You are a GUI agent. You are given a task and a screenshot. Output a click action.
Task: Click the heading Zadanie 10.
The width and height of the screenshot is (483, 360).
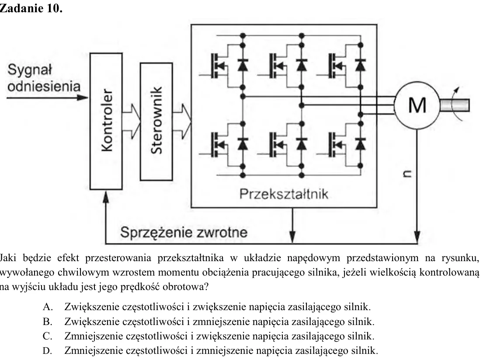point(31,8)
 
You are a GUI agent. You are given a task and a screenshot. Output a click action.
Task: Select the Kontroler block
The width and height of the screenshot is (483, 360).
point(106,121)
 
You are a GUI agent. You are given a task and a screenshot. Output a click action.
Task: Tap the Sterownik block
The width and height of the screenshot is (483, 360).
point(156,122)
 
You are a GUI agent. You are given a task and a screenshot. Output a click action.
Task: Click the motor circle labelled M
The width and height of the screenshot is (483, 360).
point(417,105)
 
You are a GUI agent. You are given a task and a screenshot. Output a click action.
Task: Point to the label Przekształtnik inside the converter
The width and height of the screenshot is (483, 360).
point(284,194)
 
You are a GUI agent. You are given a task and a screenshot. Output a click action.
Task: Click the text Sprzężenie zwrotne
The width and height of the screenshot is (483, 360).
point(184,232)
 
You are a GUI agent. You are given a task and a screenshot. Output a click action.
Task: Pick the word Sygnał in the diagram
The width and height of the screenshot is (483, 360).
point(30,70)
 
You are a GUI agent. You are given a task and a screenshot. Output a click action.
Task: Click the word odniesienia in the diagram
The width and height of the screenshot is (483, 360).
point(44,86)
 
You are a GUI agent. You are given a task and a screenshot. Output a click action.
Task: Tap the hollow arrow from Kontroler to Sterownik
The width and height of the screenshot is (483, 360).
point(132,121)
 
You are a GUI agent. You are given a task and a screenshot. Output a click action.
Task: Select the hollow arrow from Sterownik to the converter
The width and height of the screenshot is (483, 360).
point(182,121)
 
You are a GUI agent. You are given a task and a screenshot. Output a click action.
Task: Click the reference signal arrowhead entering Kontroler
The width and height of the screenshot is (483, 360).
point(83,98)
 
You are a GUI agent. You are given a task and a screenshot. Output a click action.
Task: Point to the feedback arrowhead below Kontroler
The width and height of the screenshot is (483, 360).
point(106,197)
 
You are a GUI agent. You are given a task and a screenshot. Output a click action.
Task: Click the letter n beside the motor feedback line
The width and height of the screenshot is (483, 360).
point(407,174)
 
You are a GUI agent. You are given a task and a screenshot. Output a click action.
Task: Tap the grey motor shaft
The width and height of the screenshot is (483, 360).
point(455,105)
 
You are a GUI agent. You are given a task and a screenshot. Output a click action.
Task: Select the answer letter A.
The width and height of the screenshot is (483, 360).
point(48,307)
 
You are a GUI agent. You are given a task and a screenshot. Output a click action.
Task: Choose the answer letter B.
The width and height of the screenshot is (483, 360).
point(47,322)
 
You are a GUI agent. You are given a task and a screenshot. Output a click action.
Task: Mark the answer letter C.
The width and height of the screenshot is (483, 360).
point(48,336)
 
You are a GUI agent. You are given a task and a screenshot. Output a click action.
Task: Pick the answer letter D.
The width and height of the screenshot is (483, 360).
point(48,350)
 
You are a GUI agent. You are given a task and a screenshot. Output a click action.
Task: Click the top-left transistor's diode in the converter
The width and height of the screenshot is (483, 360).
point(243,65)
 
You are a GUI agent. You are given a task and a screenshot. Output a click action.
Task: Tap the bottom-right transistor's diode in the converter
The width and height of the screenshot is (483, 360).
point(361,144)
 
